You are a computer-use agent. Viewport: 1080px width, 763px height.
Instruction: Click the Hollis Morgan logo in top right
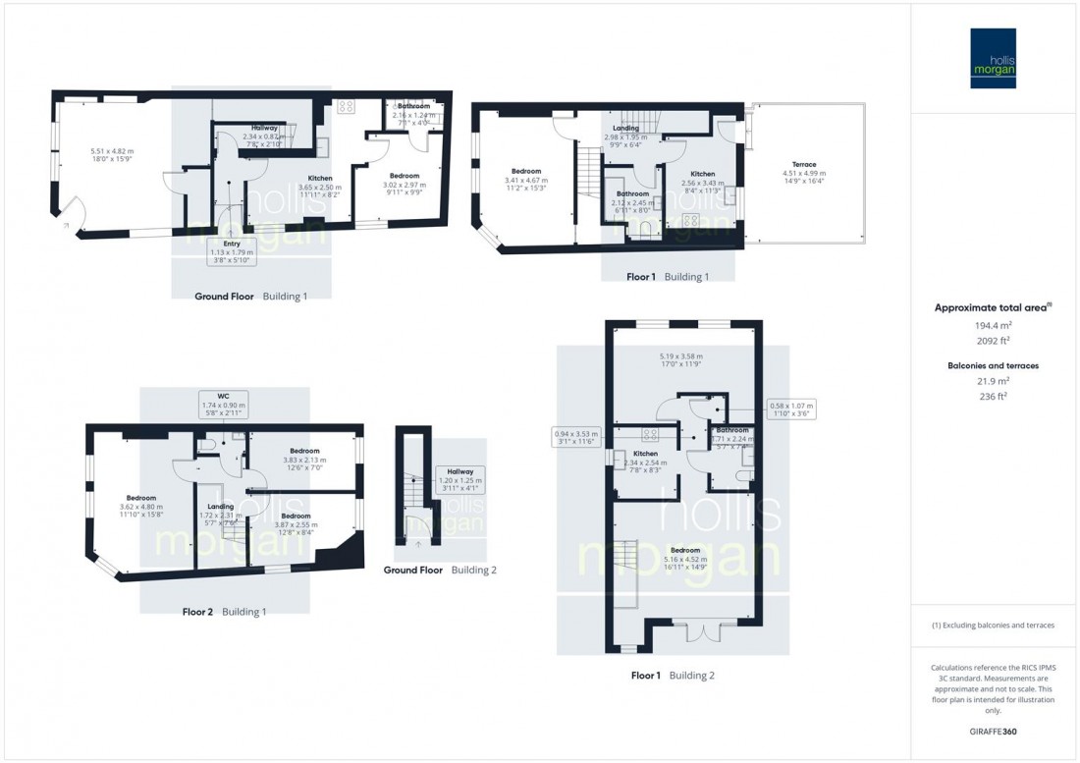pos(993,58)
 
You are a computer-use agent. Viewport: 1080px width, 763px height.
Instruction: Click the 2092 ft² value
pos(993,340)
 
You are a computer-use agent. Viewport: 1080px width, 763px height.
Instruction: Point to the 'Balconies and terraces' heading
pos(993,365)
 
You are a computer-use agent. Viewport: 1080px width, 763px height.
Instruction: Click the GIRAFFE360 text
pos(993,732)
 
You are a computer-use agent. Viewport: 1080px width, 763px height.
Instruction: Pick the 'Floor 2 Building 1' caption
pos(224,612)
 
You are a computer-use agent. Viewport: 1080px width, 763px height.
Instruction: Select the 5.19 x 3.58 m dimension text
pos(679,356)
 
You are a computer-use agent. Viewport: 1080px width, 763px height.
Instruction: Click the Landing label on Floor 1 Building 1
pos(625,129)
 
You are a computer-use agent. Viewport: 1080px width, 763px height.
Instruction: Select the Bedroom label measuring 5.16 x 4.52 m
pos(684,550)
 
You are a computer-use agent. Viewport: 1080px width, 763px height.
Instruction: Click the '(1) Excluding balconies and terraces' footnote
pos(993,625)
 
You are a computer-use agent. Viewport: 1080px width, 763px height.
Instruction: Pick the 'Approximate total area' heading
pos(993,307)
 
